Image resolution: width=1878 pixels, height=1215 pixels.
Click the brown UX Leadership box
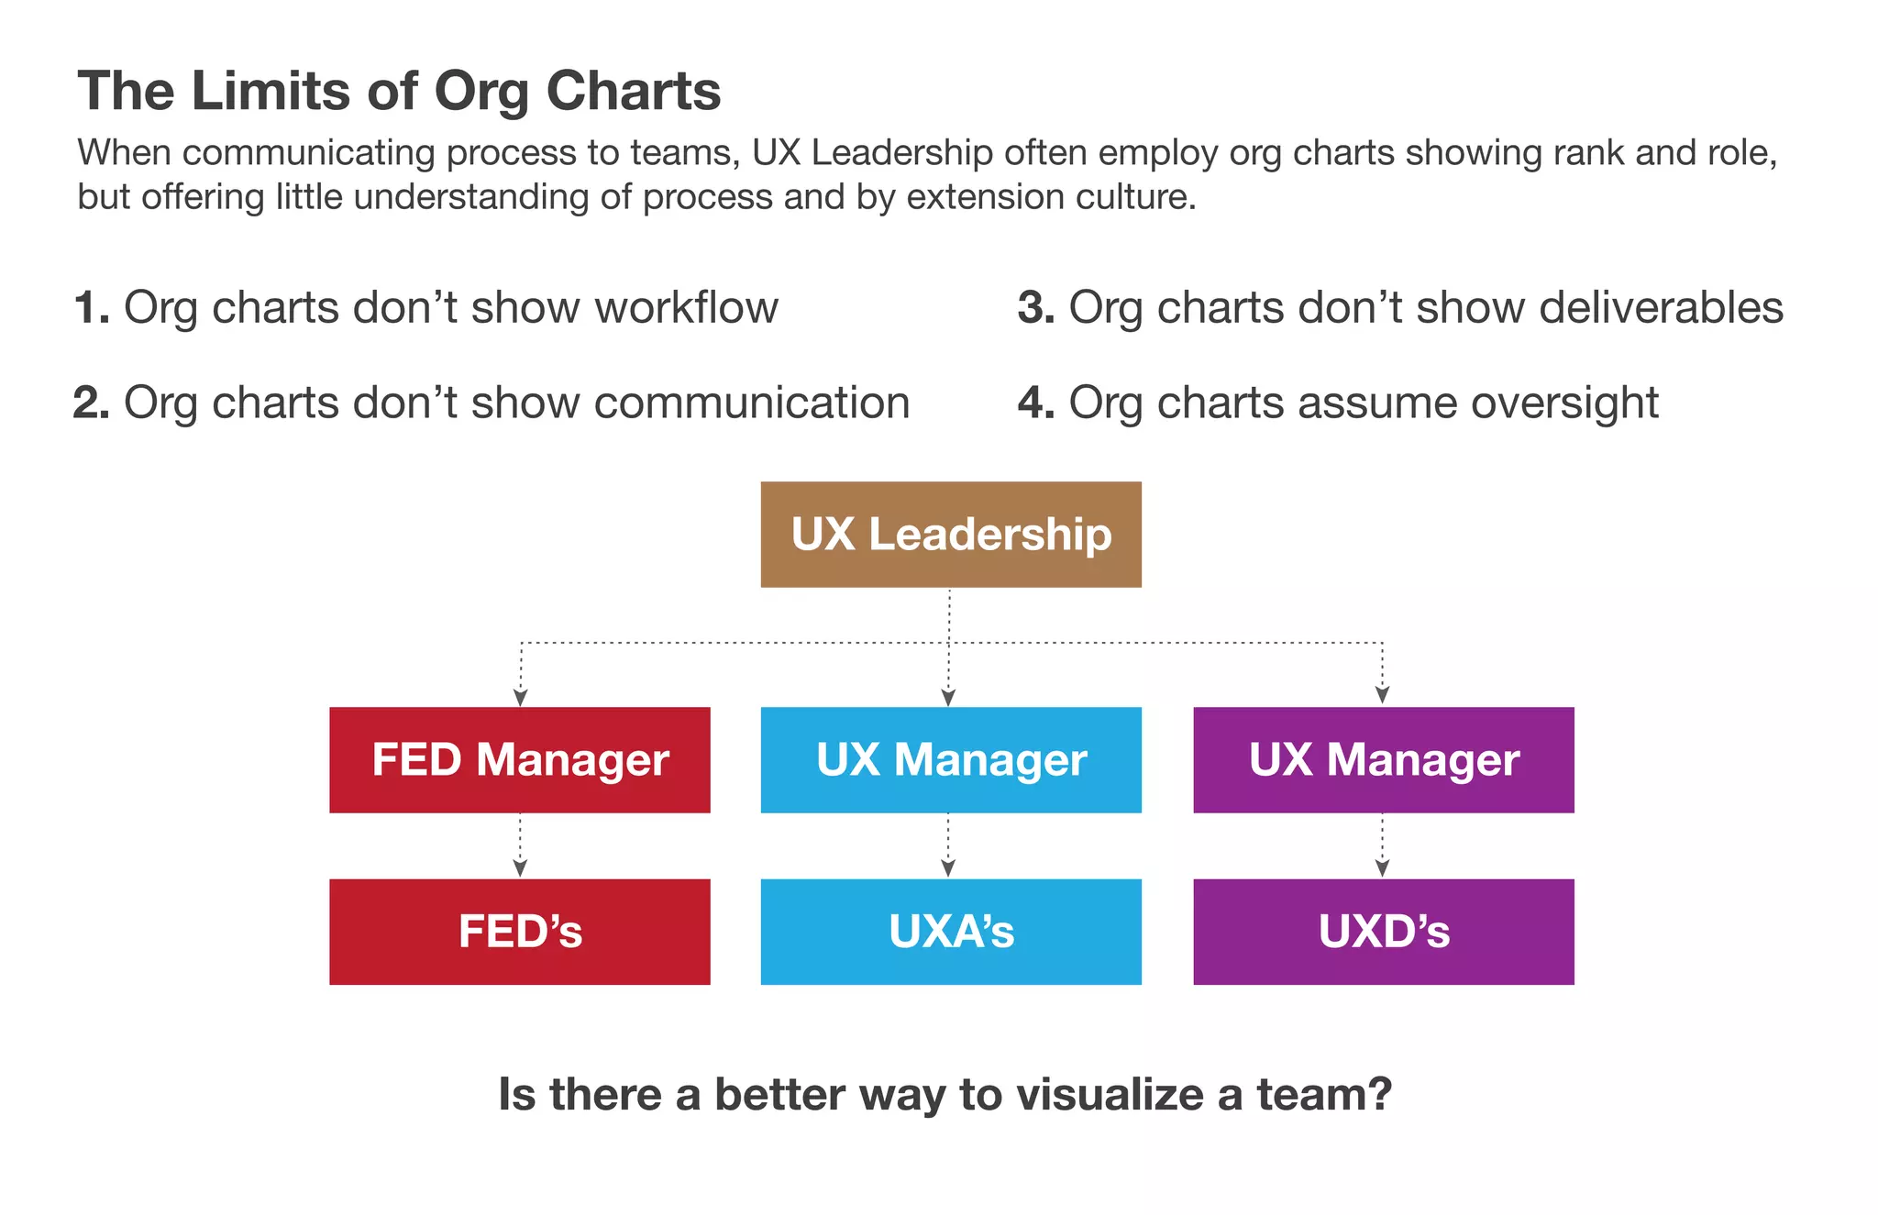[951, 535]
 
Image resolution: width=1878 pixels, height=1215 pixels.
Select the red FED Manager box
[520, 760]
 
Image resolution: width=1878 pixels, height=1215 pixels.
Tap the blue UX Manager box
[951, 760]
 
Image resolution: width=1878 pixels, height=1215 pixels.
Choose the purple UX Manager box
[1383, 760]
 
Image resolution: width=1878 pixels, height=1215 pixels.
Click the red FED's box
[520, 932]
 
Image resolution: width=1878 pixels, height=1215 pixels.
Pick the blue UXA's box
[951, 932]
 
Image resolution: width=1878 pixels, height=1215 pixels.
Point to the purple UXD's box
[1383, 932]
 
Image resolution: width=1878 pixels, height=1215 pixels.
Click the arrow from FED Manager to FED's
[520, 846]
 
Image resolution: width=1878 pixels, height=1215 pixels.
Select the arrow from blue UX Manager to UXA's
[948, 846]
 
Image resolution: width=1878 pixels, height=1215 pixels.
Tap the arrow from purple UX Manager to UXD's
[1382, 846]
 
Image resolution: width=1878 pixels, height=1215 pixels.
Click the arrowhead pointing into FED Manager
[520, 698]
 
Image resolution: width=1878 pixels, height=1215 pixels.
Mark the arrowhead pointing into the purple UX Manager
[1382, 695]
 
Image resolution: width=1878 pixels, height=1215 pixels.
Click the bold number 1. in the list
[92, 308]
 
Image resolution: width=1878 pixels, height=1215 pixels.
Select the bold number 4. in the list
[1036, 403]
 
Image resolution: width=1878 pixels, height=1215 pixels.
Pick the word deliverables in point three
[1661, 308]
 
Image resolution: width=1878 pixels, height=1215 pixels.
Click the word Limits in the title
[271, 92]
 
